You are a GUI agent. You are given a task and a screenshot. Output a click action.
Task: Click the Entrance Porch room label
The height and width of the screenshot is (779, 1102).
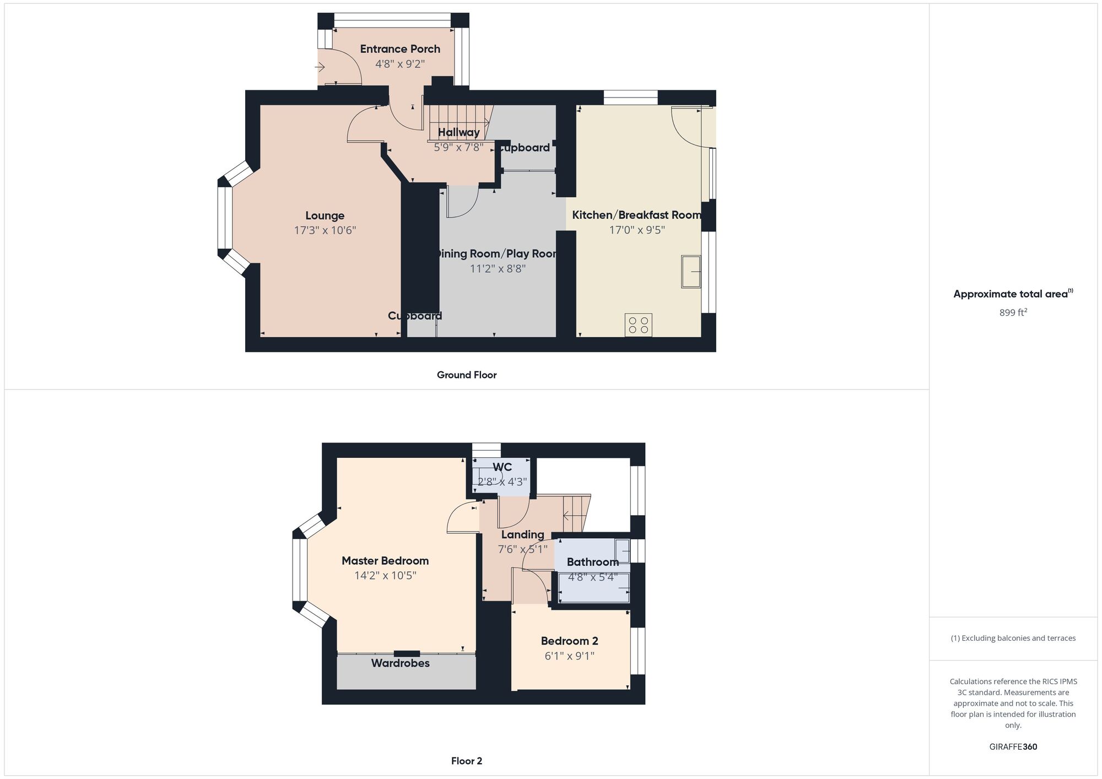pos(400,49)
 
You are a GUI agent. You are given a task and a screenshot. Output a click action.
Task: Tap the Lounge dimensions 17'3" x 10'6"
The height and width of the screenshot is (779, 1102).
pos(325,230)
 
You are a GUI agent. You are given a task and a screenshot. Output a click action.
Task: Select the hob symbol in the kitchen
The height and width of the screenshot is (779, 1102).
pos(639,325)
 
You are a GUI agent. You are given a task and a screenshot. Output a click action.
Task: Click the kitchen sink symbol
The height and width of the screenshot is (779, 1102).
pos(691,272)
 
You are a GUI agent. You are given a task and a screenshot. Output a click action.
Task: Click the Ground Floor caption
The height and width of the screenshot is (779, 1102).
pos(467,375)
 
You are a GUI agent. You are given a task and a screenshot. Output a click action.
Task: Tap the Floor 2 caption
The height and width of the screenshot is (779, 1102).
pos(467,761)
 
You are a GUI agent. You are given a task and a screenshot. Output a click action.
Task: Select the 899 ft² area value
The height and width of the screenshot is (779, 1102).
pos(1013,312)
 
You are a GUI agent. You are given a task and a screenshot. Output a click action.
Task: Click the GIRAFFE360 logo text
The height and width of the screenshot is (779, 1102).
pos(1013,747)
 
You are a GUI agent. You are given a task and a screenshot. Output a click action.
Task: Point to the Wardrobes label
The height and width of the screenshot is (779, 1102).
pos(400,663)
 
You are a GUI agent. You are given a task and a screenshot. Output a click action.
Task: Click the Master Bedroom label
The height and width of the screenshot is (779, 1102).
pos(385,561)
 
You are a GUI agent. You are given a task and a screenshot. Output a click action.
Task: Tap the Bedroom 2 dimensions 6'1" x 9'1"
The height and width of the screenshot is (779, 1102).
pos(569,656)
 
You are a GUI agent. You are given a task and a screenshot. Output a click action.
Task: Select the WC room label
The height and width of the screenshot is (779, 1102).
pos(502,467)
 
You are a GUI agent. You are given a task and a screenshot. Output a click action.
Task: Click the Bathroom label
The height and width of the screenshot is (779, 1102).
pos(592,562)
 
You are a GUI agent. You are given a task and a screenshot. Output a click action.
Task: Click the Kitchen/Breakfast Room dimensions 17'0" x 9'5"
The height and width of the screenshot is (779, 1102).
pos(637,230)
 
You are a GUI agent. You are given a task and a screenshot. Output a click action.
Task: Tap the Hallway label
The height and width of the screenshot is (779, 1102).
pos(458,132)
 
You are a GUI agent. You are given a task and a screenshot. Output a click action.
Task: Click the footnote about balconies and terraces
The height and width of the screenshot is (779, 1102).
pos(1013,638)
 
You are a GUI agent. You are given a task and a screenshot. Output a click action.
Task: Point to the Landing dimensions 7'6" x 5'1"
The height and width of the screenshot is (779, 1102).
pos(522,549)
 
